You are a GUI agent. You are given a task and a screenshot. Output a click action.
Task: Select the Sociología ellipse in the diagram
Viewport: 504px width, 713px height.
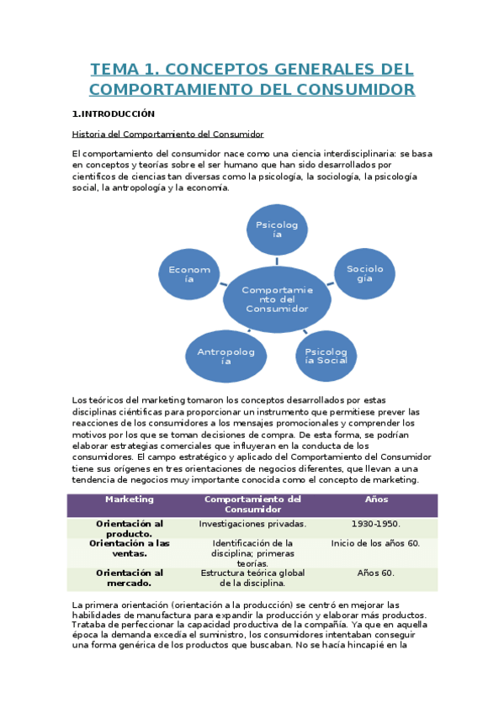click(364, 274)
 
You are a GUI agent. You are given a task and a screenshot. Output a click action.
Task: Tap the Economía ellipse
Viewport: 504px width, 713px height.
click(189, 274)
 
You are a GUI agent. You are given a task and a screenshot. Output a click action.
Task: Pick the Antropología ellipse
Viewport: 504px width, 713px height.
click(225, 356)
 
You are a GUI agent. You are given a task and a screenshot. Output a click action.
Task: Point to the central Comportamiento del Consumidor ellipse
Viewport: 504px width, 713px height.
click(277, 299)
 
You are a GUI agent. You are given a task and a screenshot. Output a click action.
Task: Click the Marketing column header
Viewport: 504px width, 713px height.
click(130, 499)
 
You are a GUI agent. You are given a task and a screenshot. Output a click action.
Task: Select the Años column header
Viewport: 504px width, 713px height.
click(377, 499)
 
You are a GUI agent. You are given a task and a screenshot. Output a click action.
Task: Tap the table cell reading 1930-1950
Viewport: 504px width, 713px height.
click(377, 524)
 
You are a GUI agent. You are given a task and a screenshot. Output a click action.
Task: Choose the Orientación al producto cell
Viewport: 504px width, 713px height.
click(130, 529)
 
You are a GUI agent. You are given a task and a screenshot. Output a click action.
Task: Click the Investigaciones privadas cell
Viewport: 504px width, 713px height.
click(252, 524)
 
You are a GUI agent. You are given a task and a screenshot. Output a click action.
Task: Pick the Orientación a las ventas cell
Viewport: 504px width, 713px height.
click(130, 548)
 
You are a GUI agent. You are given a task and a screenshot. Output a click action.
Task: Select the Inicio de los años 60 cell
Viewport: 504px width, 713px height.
click(377, 543)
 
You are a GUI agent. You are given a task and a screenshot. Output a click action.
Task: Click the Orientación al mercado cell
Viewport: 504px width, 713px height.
click(130, 578)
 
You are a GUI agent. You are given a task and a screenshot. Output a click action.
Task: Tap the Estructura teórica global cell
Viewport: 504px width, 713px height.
click(252, 578)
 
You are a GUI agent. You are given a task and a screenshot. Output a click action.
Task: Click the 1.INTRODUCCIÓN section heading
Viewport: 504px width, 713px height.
click(114, 113)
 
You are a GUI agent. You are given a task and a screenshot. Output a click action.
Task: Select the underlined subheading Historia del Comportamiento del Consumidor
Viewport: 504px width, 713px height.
click(168, 134)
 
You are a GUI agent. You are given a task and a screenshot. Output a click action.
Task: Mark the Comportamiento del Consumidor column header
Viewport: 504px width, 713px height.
click(252, 504)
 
